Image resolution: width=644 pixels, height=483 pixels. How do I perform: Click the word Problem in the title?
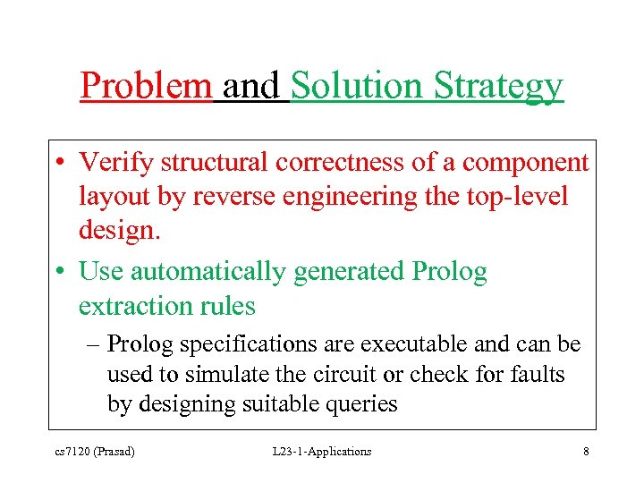click(146, 87)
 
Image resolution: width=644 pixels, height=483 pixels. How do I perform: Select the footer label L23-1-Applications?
click(322, 452)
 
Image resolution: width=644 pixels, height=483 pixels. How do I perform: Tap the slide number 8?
click(586, 452)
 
